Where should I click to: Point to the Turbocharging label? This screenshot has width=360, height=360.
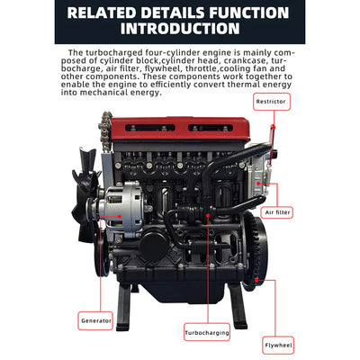206,331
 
